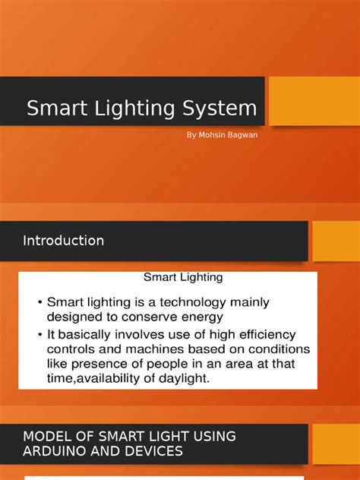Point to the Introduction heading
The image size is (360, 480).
tap(64, 241)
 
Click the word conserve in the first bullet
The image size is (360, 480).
tap(152, 317)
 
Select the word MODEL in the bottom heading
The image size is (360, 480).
tap(46, 436)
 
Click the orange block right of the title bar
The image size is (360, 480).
tap(314, 101)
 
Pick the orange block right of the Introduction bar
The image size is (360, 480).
tap(336, 241)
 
